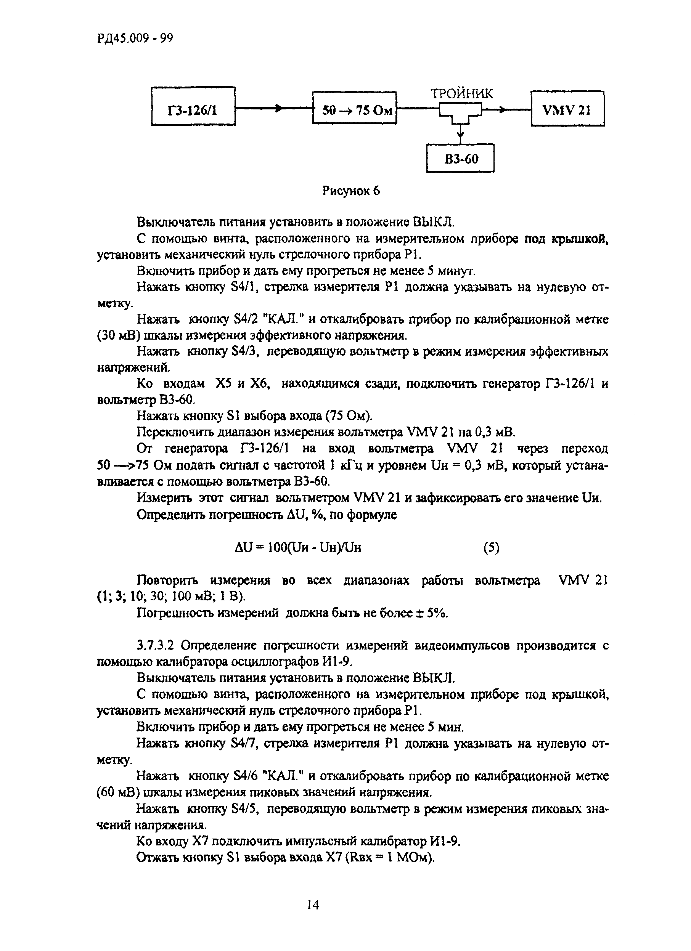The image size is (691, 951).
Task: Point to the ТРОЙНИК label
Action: [x=461, y=93]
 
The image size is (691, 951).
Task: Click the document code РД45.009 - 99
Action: [x=135, y=38]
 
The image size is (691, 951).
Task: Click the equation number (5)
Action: [x=491, y=548]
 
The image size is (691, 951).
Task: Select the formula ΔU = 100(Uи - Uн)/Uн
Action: [x=298, y=548]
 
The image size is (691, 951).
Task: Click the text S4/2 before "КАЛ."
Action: [x=244, y=319]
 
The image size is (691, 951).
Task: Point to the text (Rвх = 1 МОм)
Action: [x=390, y=858]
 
